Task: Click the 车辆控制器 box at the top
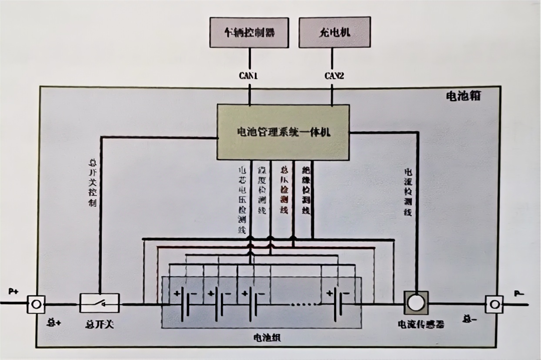(249, 33)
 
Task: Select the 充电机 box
(335, 33)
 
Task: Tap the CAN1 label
(249, 76)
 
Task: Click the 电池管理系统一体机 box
(283, 132)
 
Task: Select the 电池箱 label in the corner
(463, 96)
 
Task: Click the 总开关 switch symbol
(100, 303)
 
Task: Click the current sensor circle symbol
(416, 302)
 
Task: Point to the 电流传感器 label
(421, 324)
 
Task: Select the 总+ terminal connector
(36, 304)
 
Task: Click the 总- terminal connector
(494, 304)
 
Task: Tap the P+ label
(14, 291)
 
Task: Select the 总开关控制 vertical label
(92, 183)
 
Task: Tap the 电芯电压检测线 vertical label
(241, 199)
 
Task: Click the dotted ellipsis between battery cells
(302, 304)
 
